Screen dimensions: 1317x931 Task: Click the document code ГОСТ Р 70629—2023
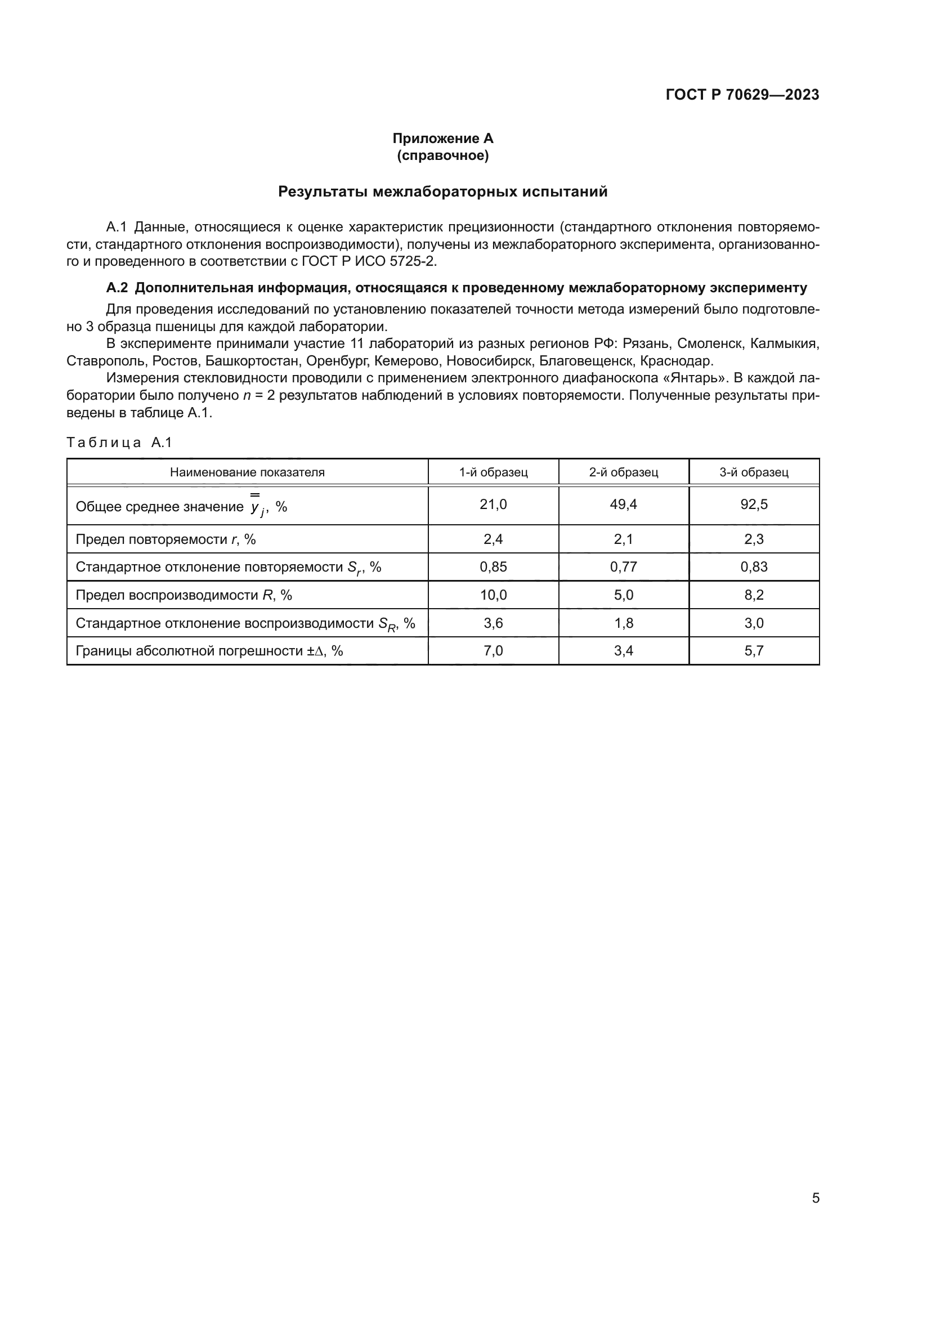pyautogui.click(x=742, y=95)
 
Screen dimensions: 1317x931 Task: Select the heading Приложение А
pyautogui.click(x=442, y=139)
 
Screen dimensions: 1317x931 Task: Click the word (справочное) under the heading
pyautogui.click(x=442, y=155)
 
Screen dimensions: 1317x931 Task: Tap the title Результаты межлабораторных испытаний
pyautogui.click(x=442, y=191)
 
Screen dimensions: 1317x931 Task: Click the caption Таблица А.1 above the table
pyautogui.click(x=119, y=442)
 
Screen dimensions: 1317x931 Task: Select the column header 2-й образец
pyautogui.click(x=623, y=472)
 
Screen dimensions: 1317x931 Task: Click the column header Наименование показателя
pyautogui.click(x=247, y=472)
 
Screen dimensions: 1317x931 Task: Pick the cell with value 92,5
pyautogui.click(x=753, y=504)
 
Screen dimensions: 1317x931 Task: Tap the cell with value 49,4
pyautogui.click(x=623, y=504)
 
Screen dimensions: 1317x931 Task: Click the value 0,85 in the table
pyautogui.click(x=493, y=567)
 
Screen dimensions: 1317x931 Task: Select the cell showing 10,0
pyautogui.click(x=493, y=595)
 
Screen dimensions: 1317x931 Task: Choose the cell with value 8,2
pyautogui.click(x=753, y=595)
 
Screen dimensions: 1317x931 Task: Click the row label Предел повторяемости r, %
pyautogui.click(x=165, y=539)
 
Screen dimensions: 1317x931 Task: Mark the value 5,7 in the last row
pyautogui.click(x=753, y=651)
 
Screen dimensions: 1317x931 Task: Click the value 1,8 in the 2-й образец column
pyautogui.click(x=623, y=623)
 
